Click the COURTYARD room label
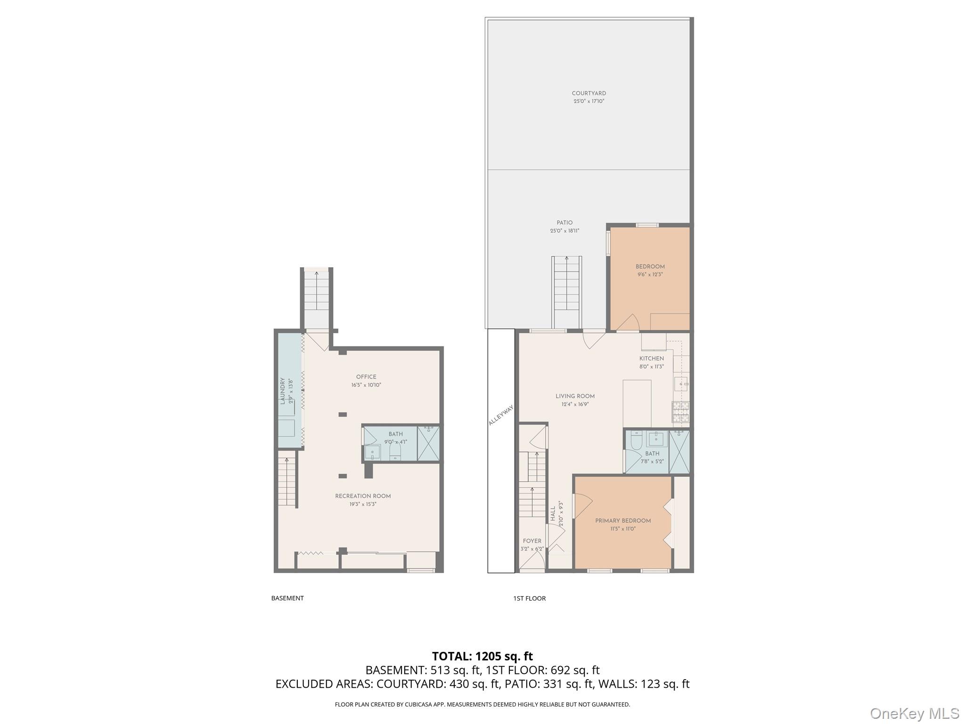point(589,93)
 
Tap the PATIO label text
point(564,222)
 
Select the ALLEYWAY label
point(501,415)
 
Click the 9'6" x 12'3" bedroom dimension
point(650,274)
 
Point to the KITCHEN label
point(651,358)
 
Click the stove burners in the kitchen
point(680,411)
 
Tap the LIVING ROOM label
point(575,396)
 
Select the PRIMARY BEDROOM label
point(622,520)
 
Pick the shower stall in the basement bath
point(428,444)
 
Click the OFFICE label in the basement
point(366,377)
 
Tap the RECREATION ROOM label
point(363,496)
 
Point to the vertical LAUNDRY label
point(283,391)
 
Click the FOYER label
point(532,541)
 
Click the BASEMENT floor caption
point(287,598)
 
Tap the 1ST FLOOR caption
point(529,598)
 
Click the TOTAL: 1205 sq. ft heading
point(482,656)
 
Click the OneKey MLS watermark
point(914,713)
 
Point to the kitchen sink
point(681,384)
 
